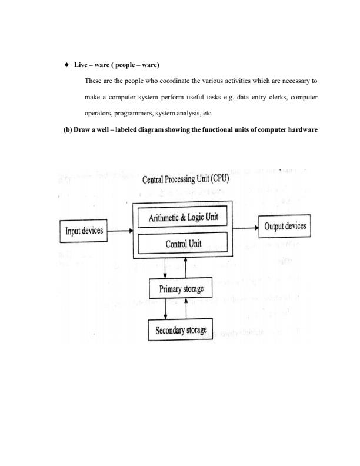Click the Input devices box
pyautogui.click(x=82, y=230)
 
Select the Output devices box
pyautogui.click(x=285, y=227)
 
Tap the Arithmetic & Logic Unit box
pyautogui.click(x=182, y=217)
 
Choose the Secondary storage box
pyautogui.click(x=181, y=331)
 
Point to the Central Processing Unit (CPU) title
pyautogui.click(x=186, y=179)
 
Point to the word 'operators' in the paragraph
pyautogui.click(x=98, y=112)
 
